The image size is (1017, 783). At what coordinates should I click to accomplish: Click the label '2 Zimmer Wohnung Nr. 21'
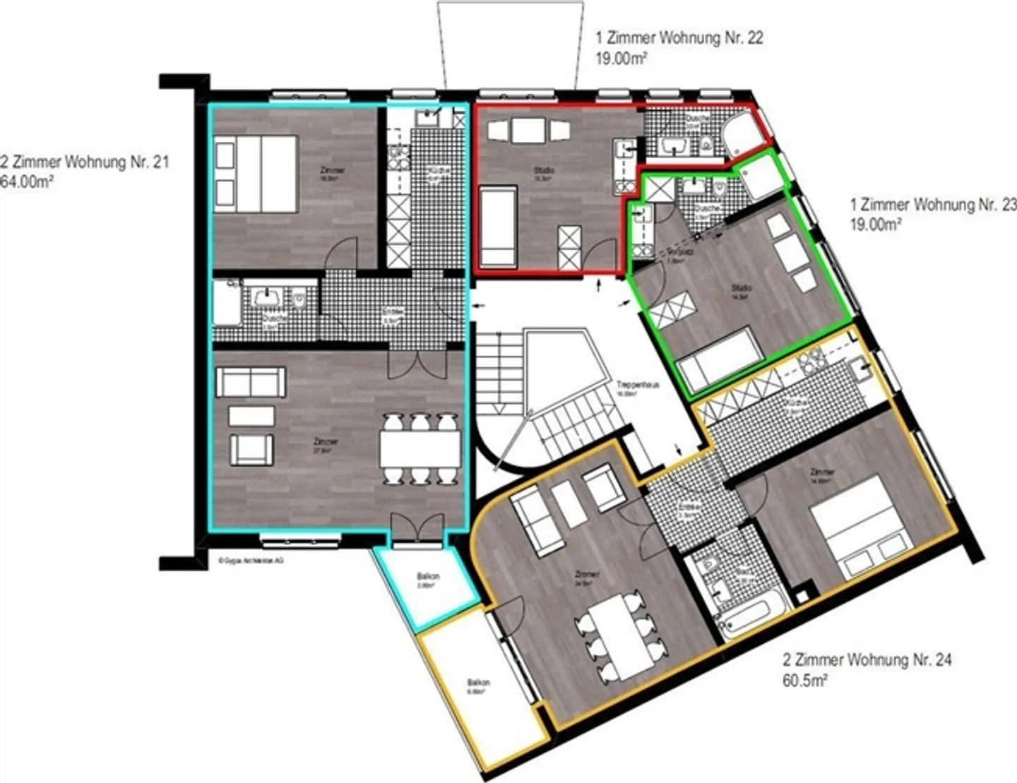pos(85,162)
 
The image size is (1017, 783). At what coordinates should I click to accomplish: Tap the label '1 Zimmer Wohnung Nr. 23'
pos(933,205)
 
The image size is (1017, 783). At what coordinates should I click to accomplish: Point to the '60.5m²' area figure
pos(805,681)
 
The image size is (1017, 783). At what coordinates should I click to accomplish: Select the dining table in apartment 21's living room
pos(420,448)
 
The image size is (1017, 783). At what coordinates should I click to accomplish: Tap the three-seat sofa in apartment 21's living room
pos(251,382)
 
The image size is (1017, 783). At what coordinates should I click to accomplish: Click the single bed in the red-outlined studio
pos(498,226)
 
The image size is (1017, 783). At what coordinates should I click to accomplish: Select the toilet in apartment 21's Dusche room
pos(299,300)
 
